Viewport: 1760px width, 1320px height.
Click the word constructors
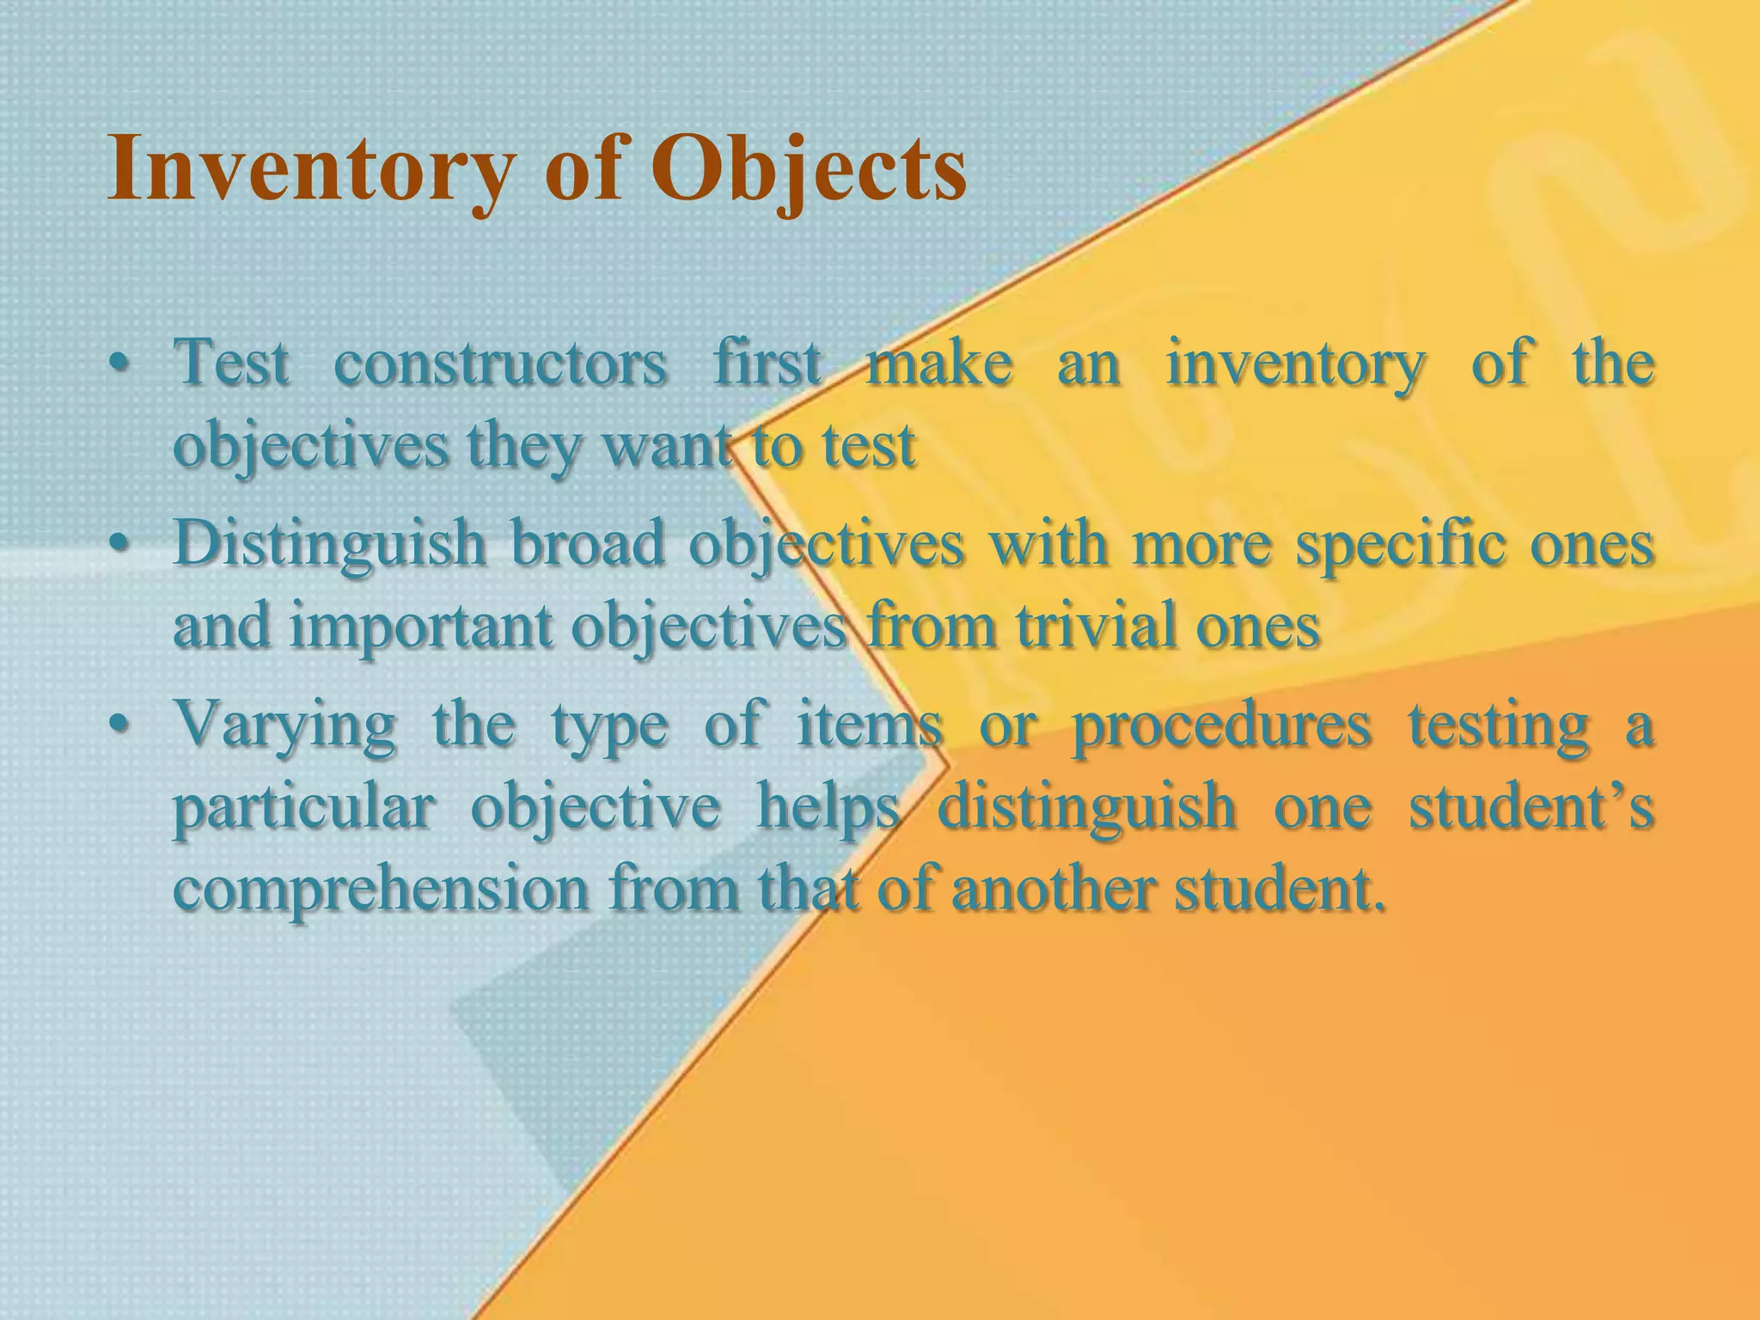pyautogui.click(x=499, y=364)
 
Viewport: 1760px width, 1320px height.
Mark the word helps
pyautogui.click(x=828, y=810)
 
